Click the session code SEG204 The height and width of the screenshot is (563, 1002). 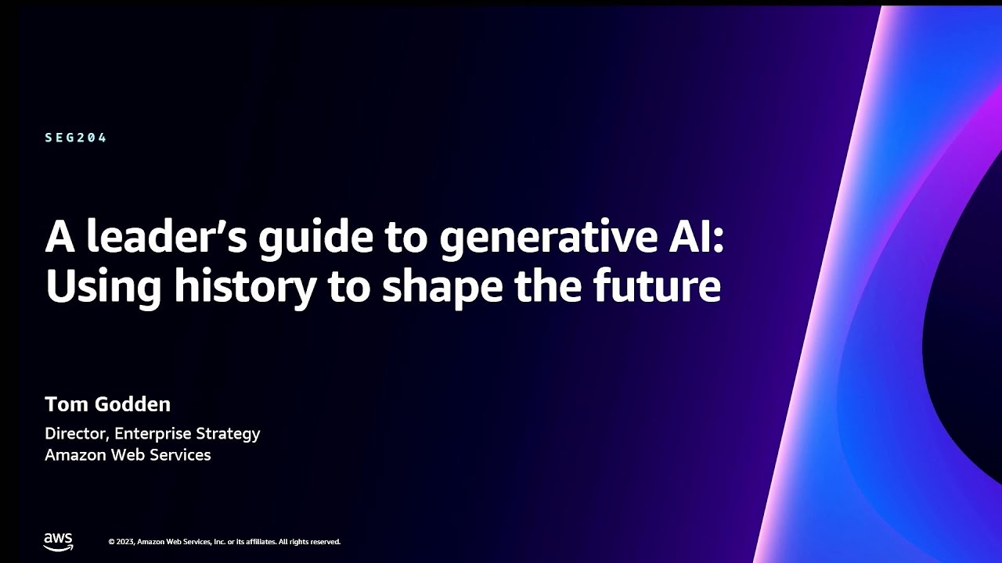[76, 138]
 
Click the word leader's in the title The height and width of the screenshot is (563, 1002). [167, 236]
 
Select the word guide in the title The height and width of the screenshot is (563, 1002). [315, 239]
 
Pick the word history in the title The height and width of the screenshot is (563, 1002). [245, 287]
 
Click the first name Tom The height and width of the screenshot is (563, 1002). [67, 404]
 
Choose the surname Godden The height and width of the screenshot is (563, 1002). [133, 404]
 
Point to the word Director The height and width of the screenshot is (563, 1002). [77, 433]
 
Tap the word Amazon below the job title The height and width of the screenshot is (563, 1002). [75, 455]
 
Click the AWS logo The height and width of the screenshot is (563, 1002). [59, 542]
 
